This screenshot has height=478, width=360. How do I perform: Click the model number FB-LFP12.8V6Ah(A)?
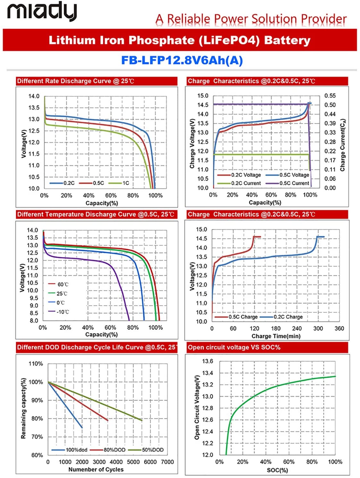click(x=182, y=60)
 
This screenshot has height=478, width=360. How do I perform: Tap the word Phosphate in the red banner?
click(x=162, y=40)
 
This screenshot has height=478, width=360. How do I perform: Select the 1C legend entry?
click(x=119, y=183)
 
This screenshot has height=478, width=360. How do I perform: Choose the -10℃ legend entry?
click(x=59, y=312)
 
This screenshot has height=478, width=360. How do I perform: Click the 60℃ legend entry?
click(x=58, y=284)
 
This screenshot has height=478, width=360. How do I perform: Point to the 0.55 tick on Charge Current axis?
click(x=330, y=96)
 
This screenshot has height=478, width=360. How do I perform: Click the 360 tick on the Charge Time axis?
click(x=339, y=328)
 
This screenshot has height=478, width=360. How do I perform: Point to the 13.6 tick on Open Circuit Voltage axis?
click(x=208, y=361)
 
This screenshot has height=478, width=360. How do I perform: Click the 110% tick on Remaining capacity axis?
click(x=36, y=364)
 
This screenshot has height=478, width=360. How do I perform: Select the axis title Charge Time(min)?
click(x=276, y=336)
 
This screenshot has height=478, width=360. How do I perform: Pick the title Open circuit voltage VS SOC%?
click(x=234, y=347)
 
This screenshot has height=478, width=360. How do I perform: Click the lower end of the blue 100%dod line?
click(x=82, y=428)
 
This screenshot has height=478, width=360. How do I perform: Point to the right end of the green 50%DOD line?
click(x=142, y=420)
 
